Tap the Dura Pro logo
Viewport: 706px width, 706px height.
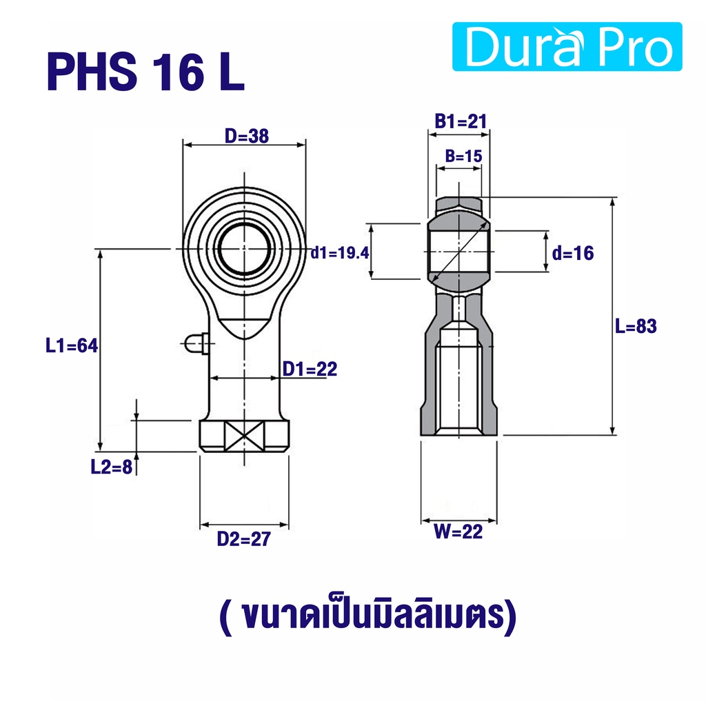(567, 47)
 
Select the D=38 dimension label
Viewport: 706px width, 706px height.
(247, 136)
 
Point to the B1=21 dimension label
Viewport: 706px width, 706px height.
(461, 121)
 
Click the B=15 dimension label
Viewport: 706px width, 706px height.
(463, 156)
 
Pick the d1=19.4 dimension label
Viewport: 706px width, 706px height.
(340, 253)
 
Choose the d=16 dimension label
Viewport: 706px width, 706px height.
(573, 253)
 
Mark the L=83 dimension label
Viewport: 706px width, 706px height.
(636, 326)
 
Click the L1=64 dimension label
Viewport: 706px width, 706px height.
(72, 346)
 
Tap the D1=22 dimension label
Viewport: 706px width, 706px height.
(310, 370)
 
